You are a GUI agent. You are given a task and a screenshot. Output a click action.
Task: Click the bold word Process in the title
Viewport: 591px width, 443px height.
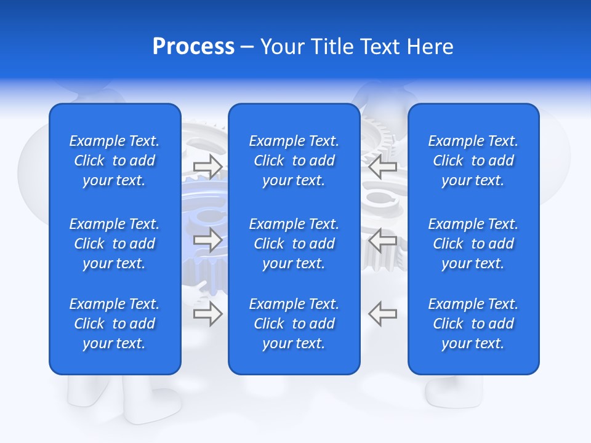193,47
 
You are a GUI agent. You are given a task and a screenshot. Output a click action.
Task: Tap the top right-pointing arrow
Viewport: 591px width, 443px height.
207,166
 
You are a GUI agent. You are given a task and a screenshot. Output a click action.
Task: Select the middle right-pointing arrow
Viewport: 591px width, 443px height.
207,240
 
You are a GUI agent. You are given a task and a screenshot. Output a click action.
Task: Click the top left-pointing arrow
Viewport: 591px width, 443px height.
383,166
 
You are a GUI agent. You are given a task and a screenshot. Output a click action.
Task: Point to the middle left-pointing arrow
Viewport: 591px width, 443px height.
383,240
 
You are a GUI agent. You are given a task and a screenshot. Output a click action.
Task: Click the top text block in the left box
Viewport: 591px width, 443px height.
115,161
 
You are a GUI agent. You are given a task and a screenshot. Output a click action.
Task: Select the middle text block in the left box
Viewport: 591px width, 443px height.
115,244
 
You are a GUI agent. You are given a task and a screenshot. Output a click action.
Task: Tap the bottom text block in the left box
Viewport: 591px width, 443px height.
115,324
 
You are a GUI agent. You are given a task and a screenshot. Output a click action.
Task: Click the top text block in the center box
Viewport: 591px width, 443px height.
294,161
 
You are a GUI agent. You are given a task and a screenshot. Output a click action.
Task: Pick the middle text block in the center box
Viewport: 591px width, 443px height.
294,244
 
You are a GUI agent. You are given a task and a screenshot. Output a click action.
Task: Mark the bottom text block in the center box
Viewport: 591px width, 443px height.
294,324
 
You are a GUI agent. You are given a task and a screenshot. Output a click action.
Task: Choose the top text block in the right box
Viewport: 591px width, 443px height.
473,161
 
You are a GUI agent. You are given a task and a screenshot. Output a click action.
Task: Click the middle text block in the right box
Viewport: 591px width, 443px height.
473,244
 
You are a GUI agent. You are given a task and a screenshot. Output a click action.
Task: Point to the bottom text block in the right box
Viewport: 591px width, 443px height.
473,324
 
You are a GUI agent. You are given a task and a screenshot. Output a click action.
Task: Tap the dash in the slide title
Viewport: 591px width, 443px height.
247,47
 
